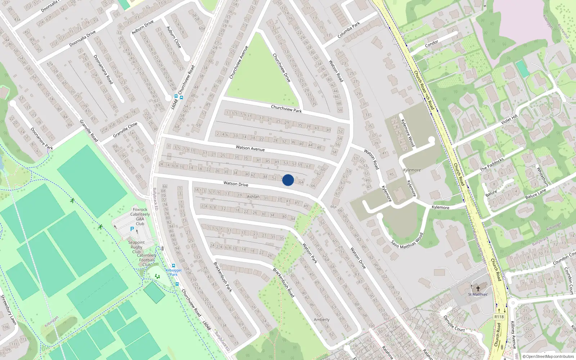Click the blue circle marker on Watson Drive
[x=288, y=180]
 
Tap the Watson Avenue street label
[x=250, y=148]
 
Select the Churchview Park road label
[x=286, y=109]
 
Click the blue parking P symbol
[x=132, y=229]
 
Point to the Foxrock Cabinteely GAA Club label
[x=140, y=216]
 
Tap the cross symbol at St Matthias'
[x=478, y=289]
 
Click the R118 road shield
[x=499, y=317]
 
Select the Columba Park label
[x=348, y=30]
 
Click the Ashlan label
[x=253, y=197]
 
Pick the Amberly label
[x=321, y=320]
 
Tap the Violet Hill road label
[x=509, y=119]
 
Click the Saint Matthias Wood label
[x=407, y=241]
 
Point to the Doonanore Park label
[x=41, y=139]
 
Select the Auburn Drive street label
[x=143, y=27]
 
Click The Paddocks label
[x=492, y=164]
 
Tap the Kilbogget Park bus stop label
[x=174, y=272]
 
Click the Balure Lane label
[x=536, y=194]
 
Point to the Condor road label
[x=432, y=44]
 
